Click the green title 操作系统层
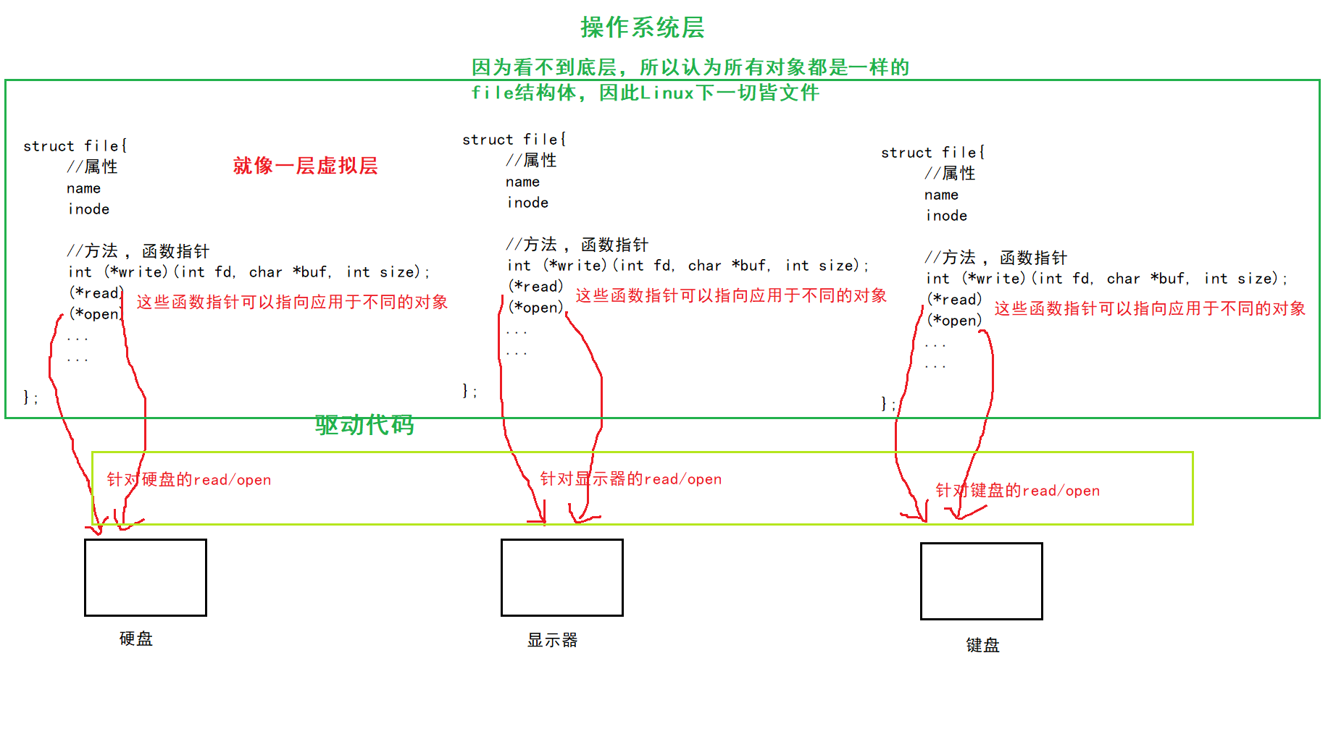point(642,28)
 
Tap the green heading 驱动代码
point(364,425)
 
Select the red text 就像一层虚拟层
point(305,166)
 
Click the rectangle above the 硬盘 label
point(146,578)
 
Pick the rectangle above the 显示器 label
point(561,578)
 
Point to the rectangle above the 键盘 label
point(981,581)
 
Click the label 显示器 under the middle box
point(552,640)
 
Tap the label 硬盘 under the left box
point(136,638)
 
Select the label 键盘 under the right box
point(982,645)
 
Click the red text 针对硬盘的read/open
point(189,479)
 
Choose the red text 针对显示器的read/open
point(630,478)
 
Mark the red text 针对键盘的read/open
point(1017,490)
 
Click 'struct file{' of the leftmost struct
point(75,146)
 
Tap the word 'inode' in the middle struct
point(527,203)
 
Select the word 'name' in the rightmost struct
point(941,195)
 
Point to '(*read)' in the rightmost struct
point(954,299)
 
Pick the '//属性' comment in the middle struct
point(531,160)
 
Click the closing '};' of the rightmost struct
point(888,403)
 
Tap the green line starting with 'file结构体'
point(645,93)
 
